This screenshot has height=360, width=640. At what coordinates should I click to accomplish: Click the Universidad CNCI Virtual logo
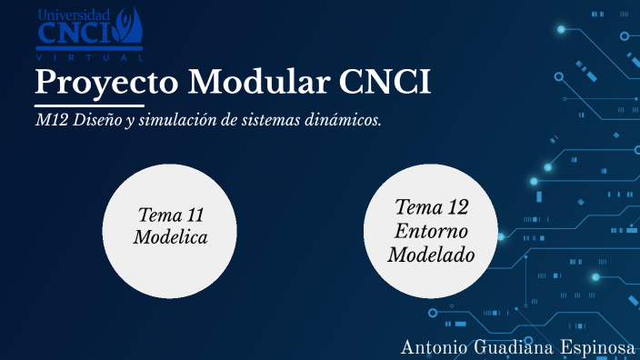point(89,34)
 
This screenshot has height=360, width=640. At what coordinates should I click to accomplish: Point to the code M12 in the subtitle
point(50,121)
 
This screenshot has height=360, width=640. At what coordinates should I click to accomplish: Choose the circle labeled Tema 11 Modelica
point(170,231)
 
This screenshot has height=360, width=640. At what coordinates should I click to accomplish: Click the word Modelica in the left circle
point(170,237)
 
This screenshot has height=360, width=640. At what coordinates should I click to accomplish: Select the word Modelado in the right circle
point(431,255)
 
